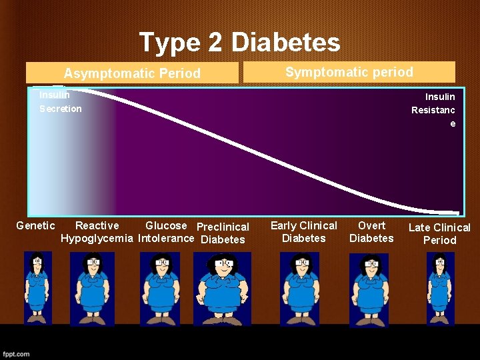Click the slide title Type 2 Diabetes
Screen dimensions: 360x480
[x=239, y=43]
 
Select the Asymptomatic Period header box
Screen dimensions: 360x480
[x=132, y=73]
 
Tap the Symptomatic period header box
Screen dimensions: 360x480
[x=349, y=71]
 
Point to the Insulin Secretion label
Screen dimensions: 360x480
[x=60, y=101]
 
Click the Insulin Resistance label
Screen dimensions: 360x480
[x=433, y=110]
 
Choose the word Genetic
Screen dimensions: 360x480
[x=35, y=226]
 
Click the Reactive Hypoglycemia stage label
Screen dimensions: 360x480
[x=97, y=232]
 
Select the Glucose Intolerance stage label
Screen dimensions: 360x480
[x=166, y=232]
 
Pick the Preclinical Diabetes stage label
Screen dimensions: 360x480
[x=223, y=233]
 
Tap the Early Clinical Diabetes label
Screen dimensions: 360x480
[x=304, y=232]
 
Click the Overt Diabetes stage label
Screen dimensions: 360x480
[x=371, y=232]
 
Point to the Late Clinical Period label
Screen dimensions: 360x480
[x=439, y=234]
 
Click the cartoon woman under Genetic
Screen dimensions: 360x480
[x=37, y=287]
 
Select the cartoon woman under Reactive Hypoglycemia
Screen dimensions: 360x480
[x=92, y=288]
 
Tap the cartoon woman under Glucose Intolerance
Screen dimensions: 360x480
[x=160, y=288]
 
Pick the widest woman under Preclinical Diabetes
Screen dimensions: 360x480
[x=222, y=289]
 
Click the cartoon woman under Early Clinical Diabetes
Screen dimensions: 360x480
[x=300, y=288]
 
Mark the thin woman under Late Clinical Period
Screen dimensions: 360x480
[x=440, y=287]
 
